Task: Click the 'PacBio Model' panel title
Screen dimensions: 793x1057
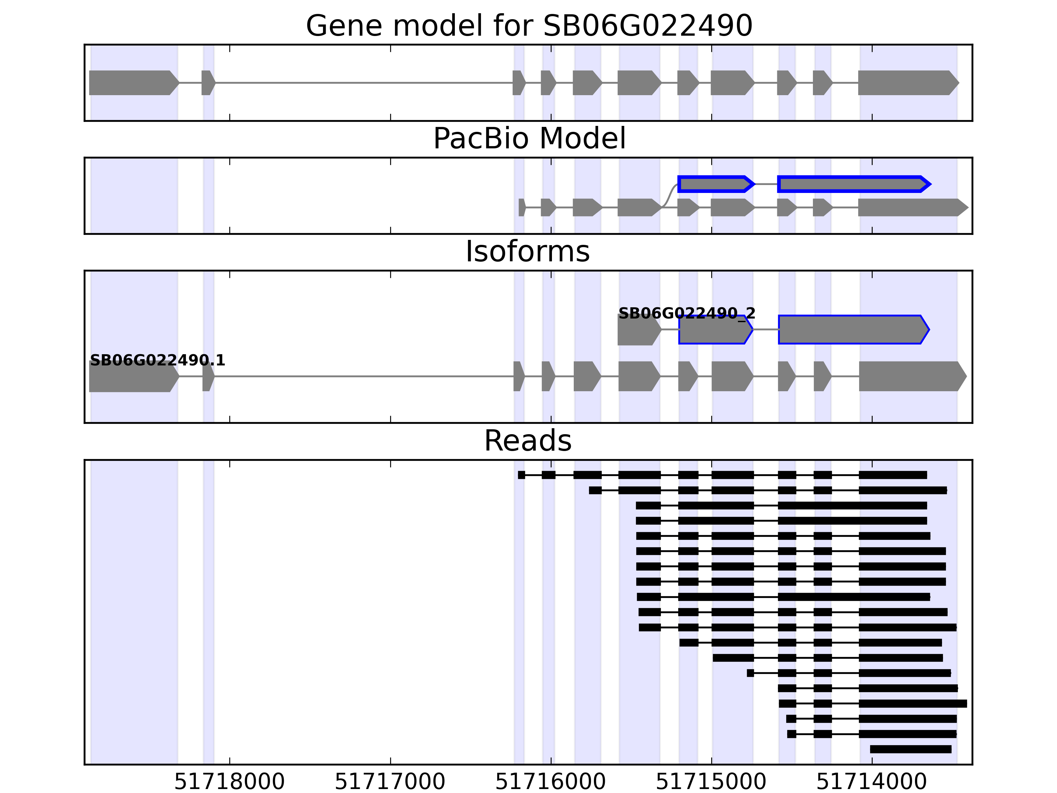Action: pos(528,139)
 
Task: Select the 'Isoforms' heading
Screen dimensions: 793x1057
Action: pos(528,251)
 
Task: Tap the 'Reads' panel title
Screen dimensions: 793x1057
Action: pos(528,441)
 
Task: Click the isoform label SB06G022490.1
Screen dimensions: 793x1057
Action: pos(157,360)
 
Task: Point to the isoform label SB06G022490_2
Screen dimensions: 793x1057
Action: pos(687,314)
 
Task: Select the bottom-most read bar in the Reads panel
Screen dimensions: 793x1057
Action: pos(910,749)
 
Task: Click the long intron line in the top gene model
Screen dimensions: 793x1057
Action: pos(363,83)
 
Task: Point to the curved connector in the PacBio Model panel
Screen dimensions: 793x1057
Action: pos(671,195)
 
